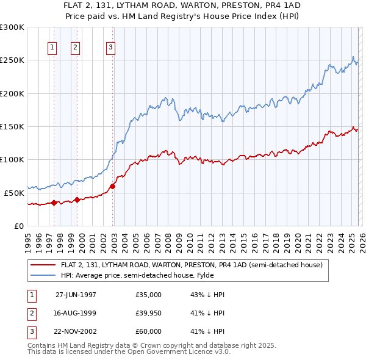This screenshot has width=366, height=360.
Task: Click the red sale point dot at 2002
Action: (x=113, y=186)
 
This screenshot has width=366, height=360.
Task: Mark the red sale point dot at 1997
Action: (x=54, y=203)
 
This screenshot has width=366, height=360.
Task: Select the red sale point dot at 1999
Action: (x=77, y=199)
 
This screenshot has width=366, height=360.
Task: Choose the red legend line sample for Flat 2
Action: (x=43, y=265)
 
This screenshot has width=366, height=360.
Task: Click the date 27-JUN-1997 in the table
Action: (x=76, y=295)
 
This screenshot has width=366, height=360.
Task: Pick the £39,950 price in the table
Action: (x=148, y=313)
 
